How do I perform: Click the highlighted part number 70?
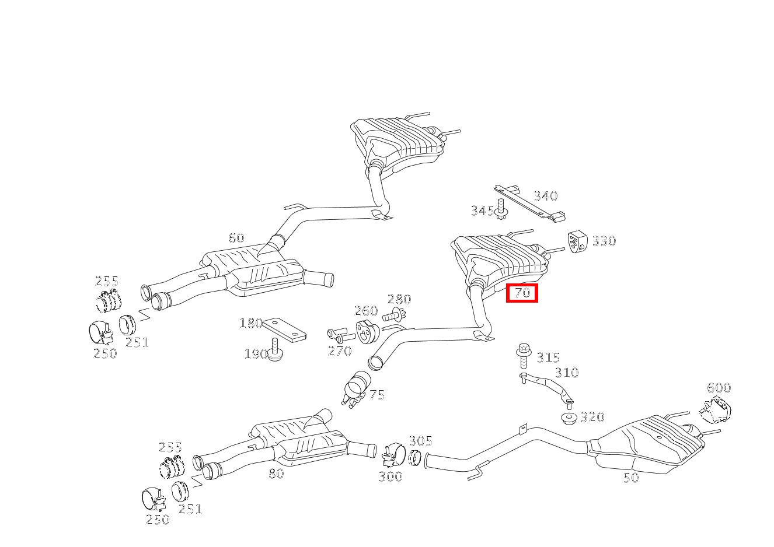point(522,293)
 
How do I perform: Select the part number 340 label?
point(546,197)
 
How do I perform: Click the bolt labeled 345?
point(501,209)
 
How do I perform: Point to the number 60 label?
point(236,238)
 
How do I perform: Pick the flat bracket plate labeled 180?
point(284,330)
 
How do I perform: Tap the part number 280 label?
point(399,299)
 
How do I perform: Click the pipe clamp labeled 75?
point(357,390)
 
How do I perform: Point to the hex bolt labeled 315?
point(523,356)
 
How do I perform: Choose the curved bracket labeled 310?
point(546,388)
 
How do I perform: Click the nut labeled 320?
point(569,418)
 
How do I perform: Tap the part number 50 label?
point(631,478)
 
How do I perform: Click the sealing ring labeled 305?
point(414,458)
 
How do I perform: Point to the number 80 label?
point(277,474)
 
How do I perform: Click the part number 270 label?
point(340,351)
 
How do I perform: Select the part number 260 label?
point(366,311)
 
